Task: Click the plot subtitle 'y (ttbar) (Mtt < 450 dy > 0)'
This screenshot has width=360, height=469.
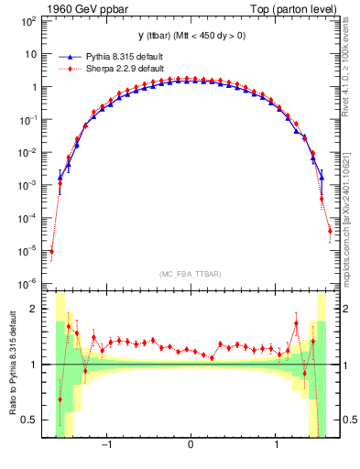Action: click(191, 37)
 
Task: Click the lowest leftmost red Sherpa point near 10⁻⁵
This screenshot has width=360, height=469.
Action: click(52, 251)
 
